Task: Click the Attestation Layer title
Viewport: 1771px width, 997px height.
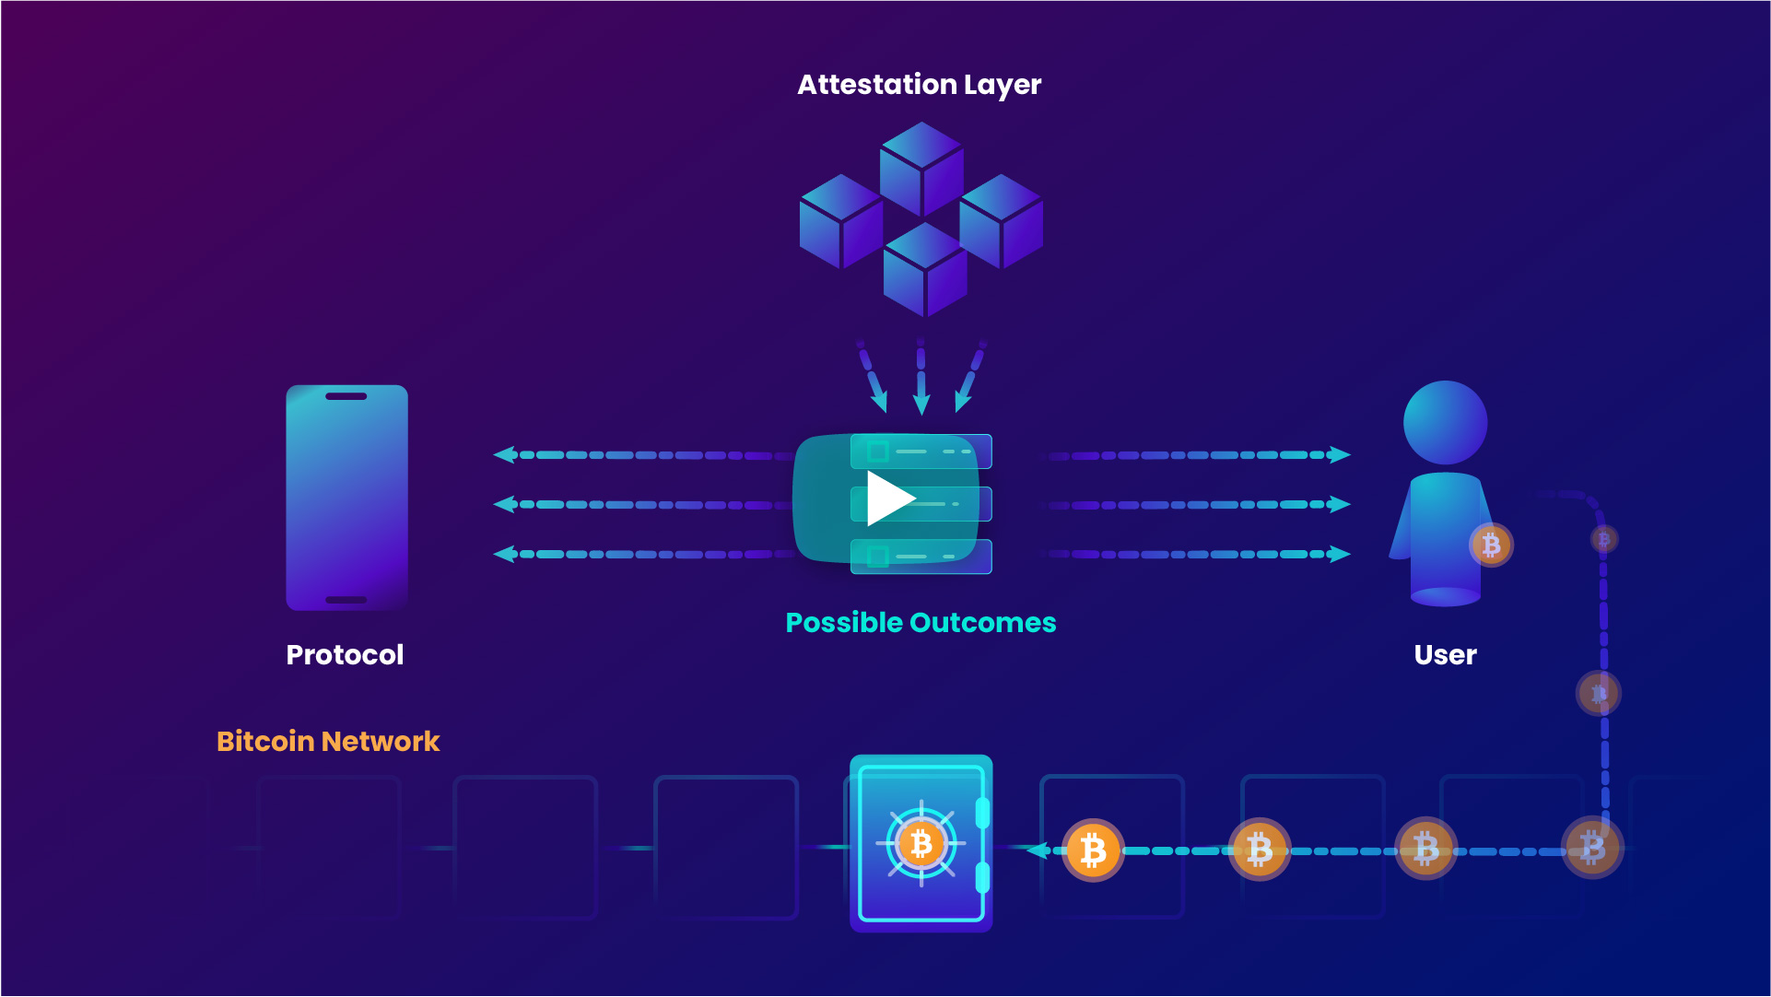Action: coord(919,85)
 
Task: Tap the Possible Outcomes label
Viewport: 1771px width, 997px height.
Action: coord(921,623)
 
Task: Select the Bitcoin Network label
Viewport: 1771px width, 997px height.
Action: coord(328,742)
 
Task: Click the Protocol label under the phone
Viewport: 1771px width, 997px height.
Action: coord(345,655)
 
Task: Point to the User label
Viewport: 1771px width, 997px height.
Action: coord(1445,655)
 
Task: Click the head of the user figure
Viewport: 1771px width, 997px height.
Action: coord(1445,422)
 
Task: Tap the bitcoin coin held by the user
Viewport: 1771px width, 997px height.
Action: coord(1491,545)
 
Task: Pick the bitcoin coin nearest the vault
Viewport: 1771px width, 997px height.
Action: coord(1093,850)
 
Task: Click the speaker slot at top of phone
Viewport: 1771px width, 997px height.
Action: coord(346,396)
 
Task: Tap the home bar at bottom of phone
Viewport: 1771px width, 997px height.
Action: coord(346,600)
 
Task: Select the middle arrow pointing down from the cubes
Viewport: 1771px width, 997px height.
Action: coord(921,404)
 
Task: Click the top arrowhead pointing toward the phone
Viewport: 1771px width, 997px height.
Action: coord(504,454)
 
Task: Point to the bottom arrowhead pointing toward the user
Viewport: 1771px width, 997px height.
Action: coord(1340,554)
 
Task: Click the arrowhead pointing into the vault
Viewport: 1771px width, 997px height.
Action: coord(1038,850)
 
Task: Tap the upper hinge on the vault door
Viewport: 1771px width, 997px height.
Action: coord(982,814)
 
